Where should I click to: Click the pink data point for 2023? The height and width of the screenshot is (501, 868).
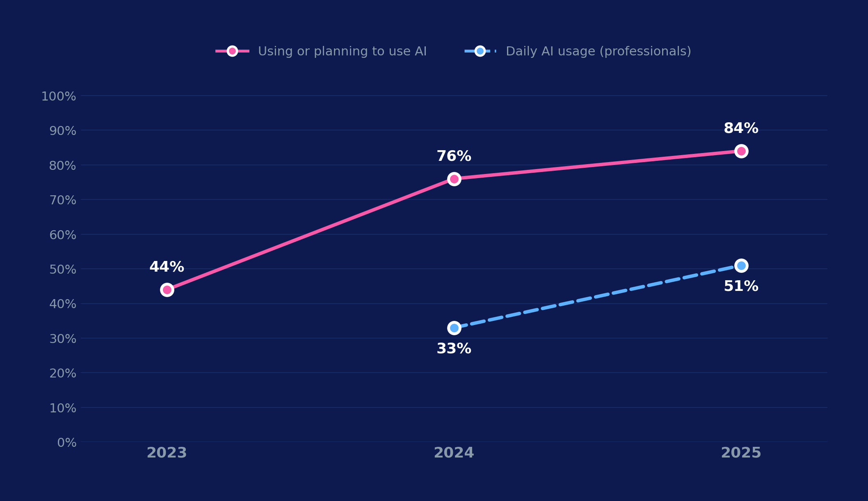click(167, 290)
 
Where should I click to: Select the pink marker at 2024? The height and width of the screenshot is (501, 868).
click(454, 179)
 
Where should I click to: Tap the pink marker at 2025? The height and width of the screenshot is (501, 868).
click(741, 151)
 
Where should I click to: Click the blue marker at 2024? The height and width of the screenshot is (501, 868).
click(454, 328)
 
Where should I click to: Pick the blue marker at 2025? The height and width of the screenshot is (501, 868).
click(741, 265)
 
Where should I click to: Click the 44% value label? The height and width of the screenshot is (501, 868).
click(167, 267)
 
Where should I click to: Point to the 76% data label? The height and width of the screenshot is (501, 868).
click(454, 156)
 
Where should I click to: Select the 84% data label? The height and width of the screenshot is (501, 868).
click(741, 128)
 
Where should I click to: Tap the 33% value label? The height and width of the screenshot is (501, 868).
click(454, 349)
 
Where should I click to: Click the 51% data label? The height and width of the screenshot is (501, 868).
click(741, 286)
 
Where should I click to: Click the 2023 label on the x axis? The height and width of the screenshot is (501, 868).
click(167, 453)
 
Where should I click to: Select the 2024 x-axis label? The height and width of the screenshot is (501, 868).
click(454, 453)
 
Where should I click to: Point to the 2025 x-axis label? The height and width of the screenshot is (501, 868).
click(741, 453)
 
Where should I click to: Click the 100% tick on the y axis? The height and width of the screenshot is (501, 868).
click(59, 97)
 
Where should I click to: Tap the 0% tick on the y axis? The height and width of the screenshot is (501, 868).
click(67, 443)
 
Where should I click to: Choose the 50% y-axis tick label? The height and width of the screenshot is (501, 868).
click(63, 270)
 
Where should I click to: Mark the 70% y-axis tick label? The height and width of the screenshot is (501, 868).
click(63, 200)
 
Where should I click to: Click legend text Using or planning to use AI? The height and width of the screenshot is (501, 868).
click(342, 52)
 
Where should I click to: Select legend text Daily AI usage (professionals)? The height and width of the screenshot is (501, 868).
click(598, 52)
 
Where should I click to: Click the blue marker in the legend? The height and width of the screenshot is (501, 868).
click(480, 51)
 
